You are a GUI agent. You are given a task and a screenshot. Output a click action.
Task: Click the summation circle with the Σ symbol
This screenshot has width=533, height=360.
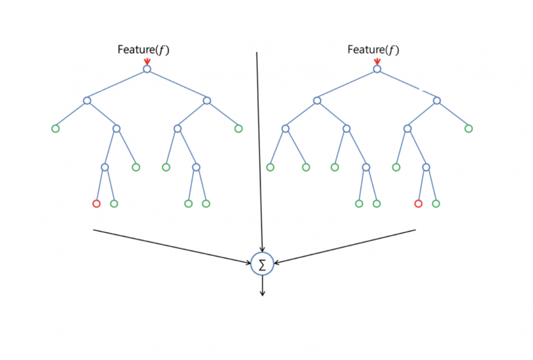(263, 265)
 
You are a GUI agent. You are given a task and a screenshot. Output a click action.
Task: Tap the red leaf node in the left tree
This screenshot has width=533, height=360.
(96, 203)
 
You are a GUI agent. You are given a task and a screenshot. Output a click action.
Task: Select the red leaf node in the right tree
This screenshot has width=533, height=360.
(418, 203)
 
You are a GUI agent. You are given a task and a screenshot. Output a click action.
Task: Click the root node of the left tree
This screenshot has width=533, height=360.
(147, 68)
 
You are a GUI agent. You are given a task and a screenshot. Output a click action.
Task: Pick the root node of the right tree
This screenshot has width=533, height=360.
(377, 68)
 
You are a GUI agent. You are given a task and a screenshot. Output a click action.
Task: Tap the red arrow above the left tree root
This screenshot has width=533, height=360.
(147, 61)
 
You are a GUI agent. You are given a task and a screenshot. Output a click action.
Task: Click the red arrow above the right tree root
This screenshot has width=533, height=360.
(377, 61)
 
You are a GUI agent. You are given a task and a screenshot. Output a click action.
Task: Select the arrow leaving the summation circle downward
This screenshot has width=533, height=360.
(263, 286)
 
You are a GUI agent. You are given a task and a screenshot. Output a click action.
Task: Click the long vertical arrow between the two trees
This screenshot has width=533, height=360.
(259, 151)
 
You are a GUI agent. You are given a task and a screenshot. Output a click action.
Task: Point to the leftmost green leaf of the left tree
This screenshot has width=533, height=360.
(55, 128)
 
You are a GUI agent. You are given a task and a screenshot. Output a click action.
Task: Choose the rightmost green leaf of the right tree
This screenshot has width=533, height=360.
(469, 128)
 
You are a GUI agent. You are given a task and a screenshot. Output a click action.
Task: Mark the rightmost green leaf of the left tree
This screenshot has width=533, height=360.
(238, 128)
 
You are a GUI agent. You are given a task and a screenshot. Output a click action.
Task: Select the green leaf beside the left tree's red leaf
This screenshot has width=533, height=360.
(114, 203)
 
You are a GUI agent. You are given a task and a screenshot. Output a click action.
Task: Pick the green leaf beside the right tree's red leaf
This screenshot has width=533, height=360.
(436, 203)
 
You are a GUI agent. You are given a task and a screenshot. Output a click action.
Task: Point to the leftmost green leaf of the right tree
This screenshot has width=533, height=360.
(270, 167)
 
